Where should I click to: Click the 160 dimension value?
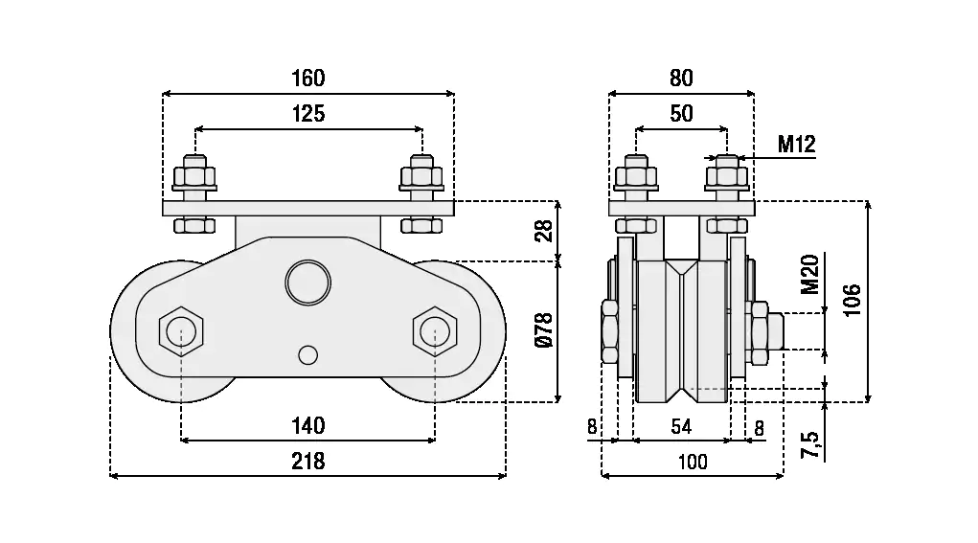tap(308, 78)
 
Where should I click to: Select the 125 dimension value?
tap(308, 114)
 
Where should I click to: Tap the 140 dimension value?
tap(308, 425)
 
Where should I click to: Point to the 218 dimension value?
tap(308, 461)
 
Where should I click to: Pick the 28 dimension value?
tap(544, 231)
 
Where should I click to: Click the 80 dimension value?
tap(681, 78)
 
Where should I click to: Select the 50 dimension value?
tap(681, 114)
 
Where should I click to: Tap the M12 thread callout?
tap(796, 145)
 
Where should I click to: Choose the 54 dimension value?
tap(681, 427)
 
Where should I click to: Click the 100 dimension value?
tap(692, 462)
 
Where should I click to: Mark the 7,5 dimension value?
tap(809, 443)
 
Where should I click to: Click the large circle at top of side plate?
tap(307, 282)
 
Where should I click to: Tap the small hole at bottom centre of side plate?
tap(307, 354)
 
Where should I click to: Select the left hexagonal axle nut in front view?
tap(181, 331)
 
